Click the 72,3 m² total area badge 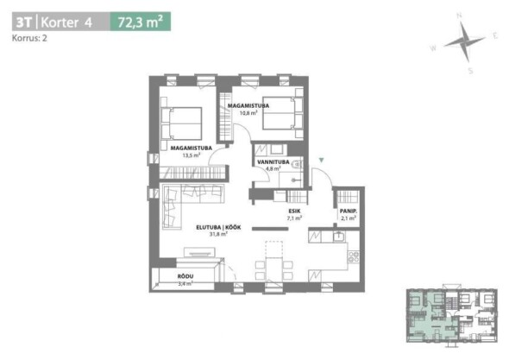click(141, 22)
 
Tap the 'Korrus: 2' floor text click(29, 38)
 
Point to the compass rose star click(464, 42)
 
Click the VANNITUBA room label click(273, 161)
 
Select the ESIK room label click(294, 212)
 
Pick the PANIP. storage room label click(349, 212)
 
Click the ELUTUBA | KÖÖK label click(218, 227)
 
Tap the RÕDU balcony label click(185, 276)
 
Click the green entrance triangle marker click(322, 160)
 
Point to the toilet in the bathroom click(298, 166)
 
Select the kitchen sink click(338, 237)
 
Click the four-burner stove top click(354, 256)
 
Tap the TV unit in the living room click(199, 252)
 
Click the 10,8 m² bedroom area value click(248, 113)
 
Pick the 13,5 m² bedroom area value click(192, 155)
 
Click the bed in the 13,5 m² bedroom click(181, 123)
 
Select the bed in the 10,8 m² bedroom click(283, 113)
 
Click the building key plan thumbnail click(452, 315)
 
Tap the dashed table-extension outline click(274, 249)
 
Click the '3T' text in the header click(24, 22)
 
